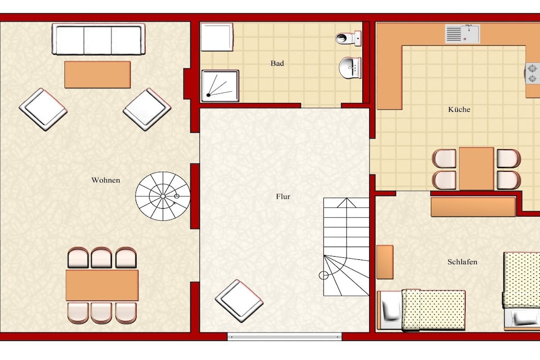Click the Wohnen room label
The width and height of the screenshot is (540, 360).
point(105,180)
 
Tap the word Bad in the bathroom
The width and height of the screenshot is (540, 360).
point(277,63)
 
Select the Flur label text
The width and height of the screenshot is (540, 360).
point(283,197)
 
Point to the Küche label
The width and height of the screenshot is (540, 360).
point(459,110)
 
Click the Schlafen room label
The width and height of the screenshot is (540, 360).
point(462,262)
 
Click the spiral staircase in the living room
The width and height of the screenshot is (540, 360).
point(162,196)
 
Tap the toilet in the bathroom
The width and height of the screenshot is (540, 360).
point(349,37)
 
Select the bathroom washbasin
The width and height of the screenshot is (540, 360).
point(350,68)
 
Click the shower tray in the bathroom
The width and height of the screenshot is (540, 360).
point(220,86)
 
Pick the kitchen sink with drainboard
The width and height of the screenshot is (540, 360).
point(462,34)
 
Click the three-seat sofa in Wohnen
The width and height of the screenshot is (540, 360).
point(99,39)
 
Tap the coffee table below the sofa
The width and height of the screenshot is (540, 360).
point(98,75)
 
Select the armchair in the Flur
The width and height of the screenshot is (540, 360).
point(239,301)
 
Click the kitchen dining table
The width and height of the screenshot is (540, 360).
point(477,169)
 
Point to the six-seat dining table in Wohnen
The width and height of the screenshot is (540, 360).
point(102,285)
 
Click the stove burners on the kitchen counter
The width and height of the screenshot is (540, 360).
point(533,73)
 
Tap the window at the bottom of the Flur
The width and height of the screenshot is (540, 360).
point(284,336)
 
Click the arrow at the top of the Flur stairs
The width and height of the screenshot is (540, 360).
point(346,203)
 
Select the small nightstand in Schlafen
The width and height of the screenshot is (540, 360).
point(385,262)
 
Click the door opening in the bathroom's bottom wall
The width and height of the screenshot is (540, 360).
point(321,106)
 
